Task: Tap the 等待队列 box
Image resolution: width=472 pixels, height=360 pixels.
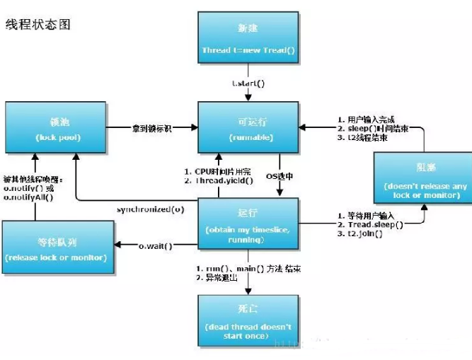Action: [x=57, y=245]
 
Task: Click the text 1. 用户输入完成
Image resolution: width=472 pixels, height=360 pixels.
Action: [x=367, y=118]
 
